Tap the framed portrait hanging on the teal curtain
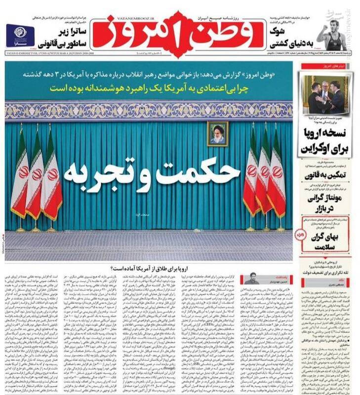[217, 133]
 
